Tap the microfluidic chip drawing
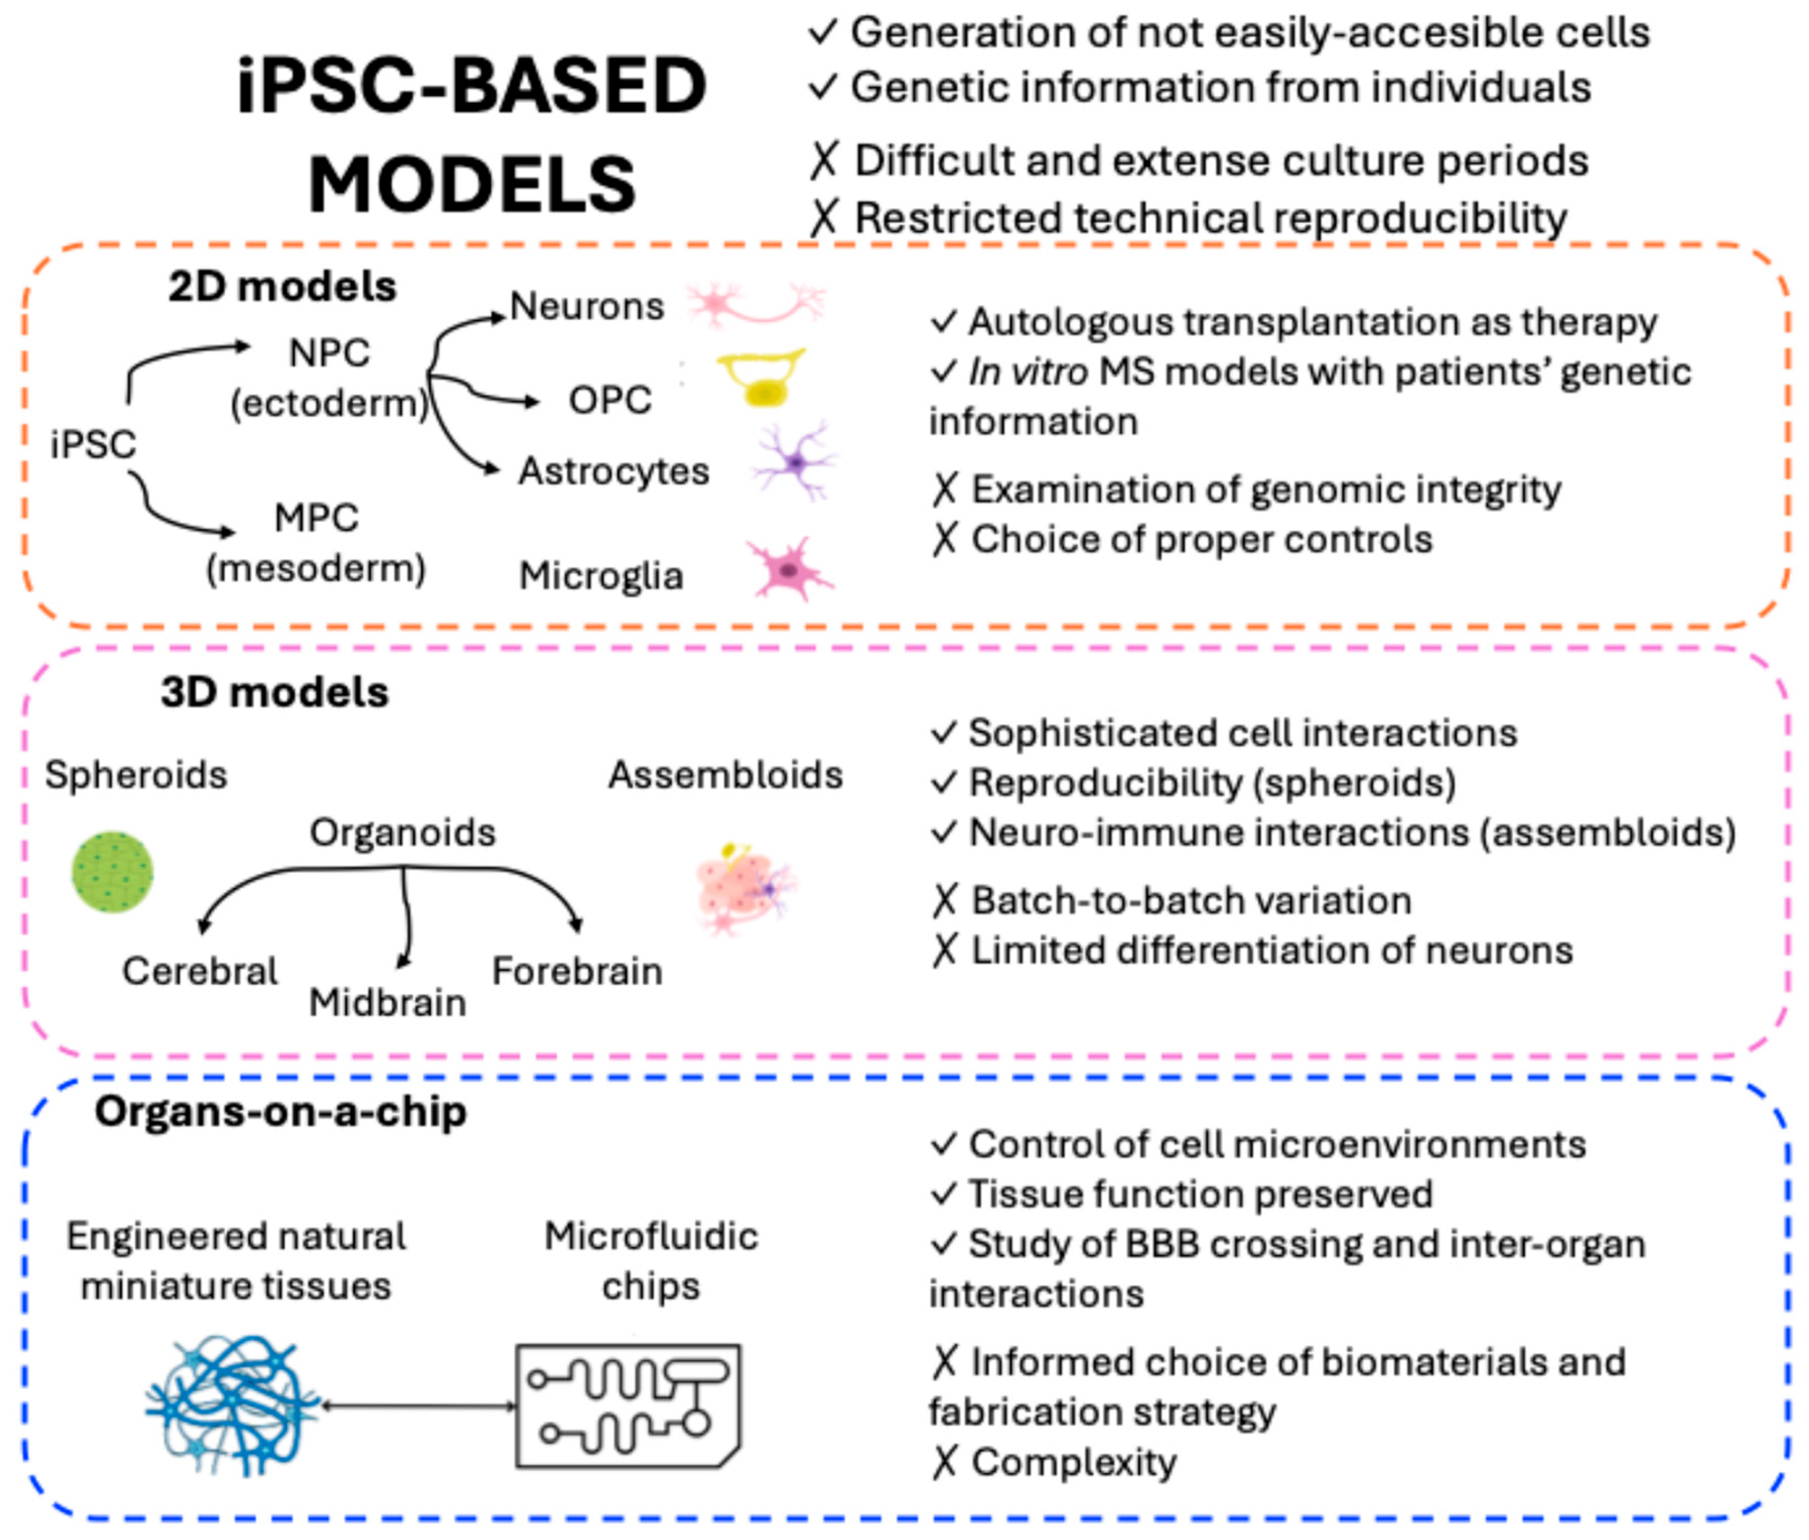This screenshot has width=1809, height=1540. [x=628, y=1406]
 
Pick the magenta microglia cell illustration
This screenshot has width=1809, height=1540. [x=788, y=569]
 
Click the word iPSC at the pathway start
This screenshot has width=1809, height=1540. [x=93, y=444]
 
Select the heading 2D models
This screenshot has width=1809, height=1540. [x=282, y=286]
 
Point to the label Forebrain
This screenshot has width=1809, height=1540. [x=577, y=971]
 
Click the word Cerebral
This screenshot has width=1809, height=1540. [x=200, y=971]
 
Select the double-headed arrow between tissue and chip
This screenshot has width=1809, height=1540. [x=419, y=1406]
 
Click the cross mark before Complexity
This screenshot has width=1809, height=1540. [x=944, y=1463]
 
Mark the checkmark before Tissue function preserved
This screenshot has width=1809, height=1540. [x=944, y=1193]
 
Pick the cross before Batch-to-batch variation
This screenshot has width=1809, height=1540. [x=944, y=900]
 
